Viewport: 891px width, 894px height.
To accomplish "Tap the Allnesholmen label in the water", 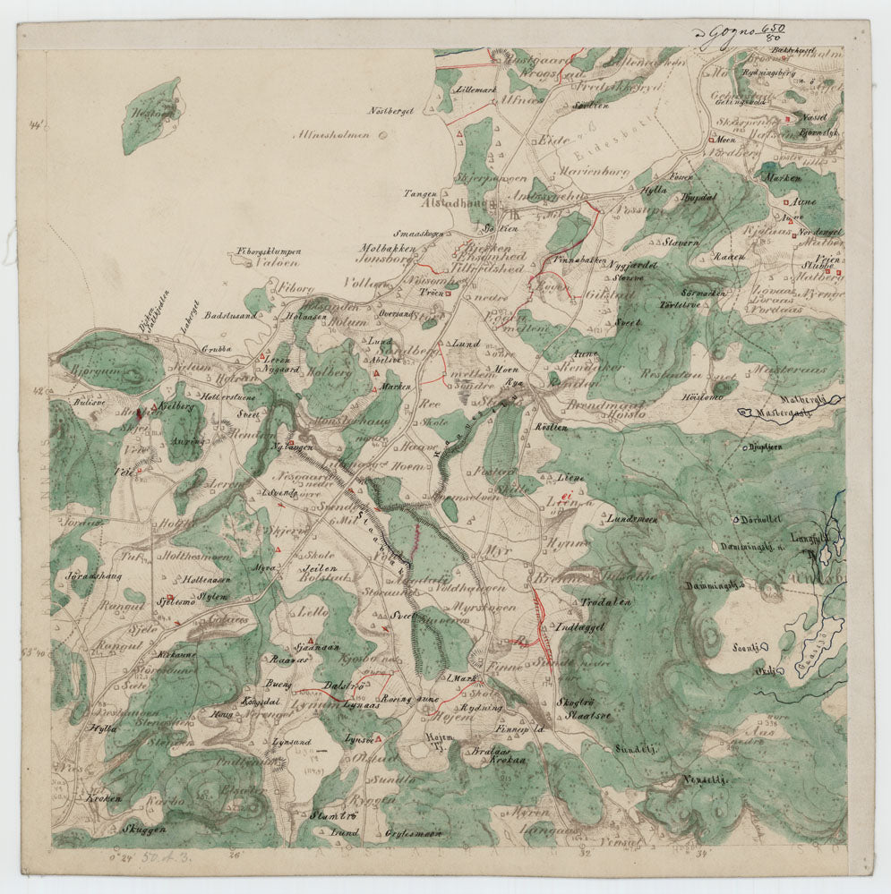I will pyautogui.click(x=337, y=135).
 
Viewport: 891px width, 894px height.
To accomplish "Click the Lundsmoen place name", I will pyautogui.click(x=632, y=519).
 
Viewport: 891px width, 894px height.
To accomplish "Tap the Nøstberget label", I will pyautogui.click(x=390, y=110).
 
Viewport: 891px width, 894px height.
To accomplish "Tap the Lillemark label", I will pyautogui.click(x=475, y=91).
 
